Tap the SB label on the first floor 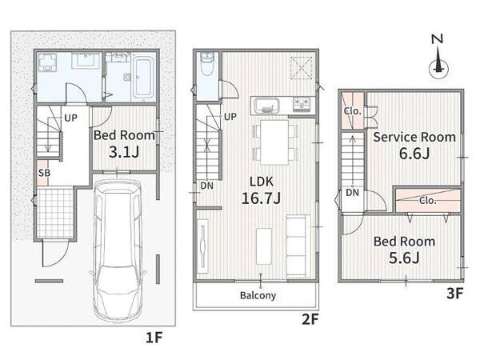pos(44,173)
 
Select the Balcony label pos(258,295)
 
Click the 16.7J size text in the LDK pos(261,198)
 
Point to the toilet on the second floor pos(207,63)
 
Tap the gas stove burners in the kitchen pos(302,104)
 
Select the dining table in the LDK pos(274,142)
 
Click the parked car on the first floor pos(118,250)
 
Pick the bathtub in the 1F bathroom pos(143,77)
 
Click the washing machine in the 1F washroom pos(47,62)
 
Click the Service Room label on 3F pos(414,137)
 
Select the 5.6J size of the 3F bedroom pos(404,258)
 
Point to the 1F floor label pos(154,338)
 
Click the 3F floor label pos(455,294)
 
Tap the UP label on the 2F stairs pos(230,117)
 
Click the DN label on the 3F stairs pos(352,193)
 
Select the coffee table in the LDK pos(264,246)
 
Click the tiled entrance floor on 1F pos(55,213)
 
